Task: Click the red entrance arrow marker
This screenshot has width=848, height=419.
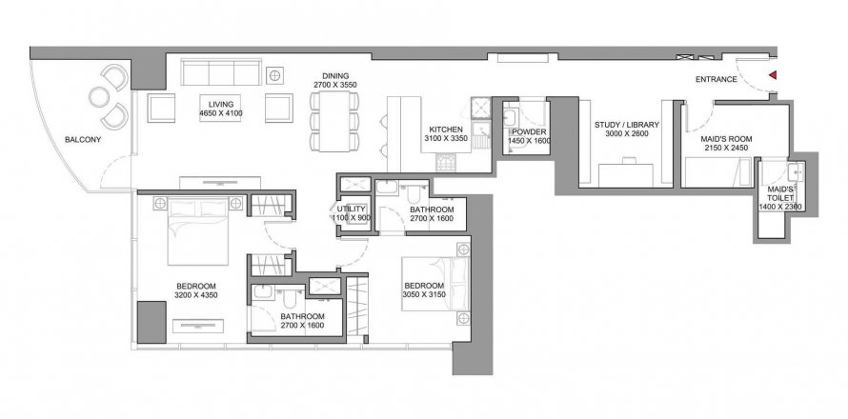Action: coord(773,75)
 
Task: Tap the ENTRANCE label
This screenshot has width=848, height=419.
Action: coord(717,79)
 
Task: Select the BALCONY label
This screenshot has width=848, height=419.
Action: coord(83,139)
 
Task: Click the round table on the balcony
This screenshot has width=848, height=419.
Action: coord(99,97)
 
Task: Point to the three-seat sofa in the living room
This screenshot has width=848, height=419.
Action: coord(221,72)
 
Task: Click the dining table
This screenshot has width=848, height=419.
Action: coord(333,121)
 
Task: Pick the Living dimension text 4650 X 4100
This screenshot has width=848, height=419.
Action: coord(221,113)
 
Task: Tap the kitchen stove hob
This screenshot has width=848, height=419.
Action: coord(446,162)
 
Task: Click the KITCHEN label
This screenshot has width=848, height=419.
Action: coord(446,130)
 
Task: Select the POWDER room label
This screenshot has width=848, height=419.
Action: coord(529,132)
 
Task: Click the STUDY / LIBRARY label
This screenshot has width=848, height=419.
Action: coord(626,125)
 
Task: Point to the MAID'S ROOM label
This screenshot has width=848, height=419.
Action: coord(726,139)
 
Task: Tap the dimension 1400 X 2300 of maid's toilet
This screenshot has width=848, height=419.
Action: coord(779,207)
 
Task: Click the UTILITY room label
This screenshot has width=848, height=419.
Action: coord(352,209)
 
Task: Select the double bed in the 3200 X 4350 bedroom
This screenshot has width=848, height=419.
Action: coord(198,230)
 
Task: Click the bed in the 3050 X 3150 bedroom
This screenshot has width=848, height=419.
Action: coord(434,284)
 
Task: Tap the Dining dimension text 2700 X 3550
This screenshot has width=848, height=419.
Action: coord(335,85)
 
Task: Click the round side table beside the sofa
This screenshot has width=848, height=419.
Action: coord(274,75)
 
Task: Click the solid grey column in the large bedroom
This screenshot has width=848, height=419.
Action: coord(151,322)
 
